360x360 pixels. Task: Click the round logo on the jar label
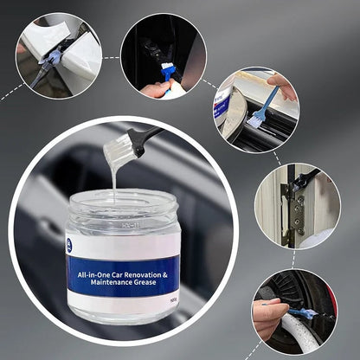click(69, 246)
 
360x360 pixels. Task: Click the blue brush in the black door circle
click(169, 73)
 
